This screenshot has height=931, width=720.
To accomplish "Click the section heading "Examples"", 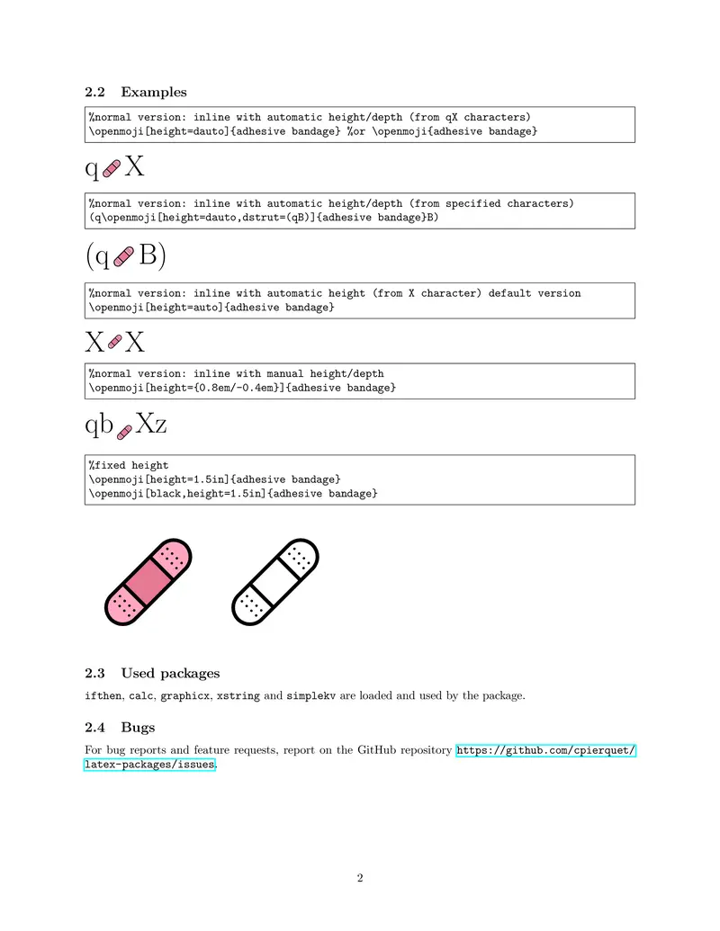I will point(154,92).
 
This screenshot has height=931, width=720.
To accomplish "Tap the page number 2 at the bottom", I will point(360,878).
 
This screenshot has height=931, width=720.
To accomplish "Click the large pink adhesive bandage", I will point(149,582).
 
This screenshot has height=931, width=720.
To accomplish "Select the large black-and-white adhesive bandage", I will point(276,582).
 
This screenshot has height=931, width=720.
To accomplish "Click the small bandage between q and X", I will point(112,168).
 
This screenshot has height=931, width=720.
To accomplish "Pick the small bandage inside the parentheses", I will point(124,256).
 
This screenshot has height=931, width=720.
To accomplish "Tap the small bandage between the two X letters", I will point(114,342).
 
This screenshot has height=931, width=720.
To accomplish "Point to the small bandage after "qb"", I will point(125,432).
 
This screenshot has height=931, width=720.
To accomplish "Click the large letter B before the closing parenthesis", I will point(148,255).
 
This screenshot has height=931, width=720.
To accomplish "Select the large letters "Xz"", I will point(151,424).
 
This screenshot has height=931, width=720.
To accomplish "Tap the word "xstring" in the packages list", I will point(237,695).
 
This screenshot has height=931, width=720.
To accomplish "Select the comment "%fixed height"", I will point(129,466).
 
